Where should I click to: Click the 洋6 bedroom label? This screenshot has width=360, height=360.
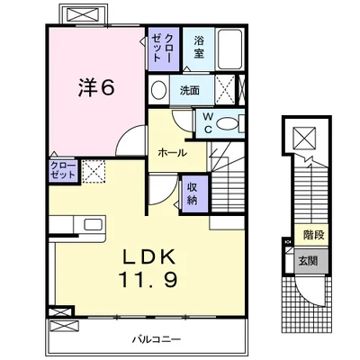[96, 87]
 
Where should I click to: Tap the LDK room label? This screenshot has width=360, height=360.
[149, 257]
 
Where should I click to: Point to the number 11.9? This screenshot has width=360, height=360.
[149, 279]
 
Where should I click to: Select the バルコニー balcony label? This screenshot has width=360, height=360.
[157, 340]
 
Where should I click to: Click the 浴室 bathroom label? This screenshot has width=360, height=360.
[199, 47]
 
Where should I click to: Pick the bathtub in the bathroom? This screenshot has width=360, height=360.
[229, 49]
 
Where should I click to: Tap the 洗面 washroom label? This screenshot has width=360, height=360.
[190, 90]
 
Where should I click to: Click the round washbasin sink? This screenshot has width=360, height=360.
[158, 89]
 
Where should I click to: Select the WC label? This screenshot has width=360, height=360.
[209, 123]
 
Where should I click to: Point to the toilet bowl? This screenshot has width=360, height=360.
[228, 123]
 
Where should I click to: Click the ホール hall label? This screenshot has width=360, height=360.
[172, 153]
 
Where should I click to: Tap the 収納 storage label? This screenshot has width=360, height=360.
[193, 193]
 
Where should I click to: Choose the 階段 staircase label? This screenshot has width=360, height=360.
[314, 235]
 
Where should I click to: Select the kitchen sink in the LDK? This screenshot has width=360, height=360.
[93, 224]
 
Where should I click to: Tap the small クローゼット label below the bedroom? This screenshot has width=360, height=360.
[63, 170]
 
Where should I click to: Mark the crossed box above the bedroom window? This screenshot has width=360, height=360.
[82, 14]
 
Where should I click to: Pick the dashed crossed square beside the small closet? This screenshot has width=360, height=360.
[94, 171]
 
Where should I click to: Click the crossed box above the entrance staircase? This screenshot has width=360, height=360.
[304, 138]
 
